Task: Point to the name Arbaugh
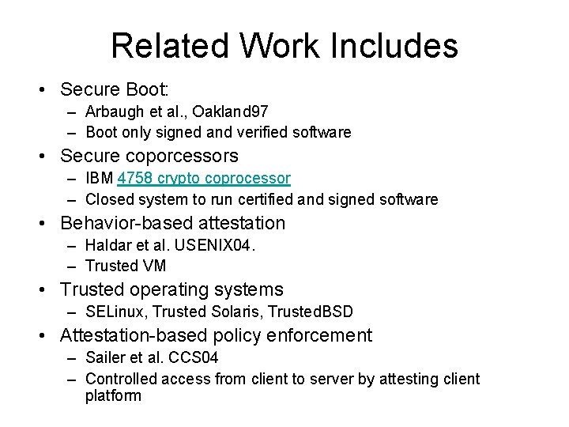pyautogui.click(x=114, y=112)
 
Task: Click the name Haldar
pyautogui.click(x=107, y=246)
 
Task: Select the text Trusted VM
pyautogui.click(x=126, y=266)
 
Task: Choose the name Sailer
pyautogui.click(x=105, y=359)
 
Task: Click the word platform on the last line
pyautogui.click(x=113, y=395)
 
